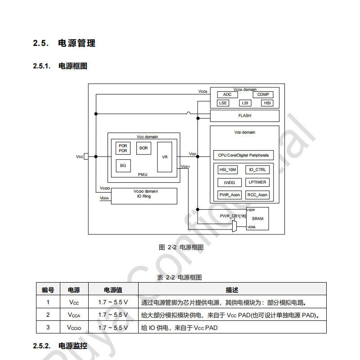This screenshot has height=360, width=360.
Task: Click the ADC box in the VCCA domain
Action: tap(227, 94)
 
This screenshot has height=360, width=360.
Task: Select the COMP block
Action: tap(263, 94)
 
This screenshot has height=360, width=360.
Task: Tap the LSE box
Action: tap(223, 103)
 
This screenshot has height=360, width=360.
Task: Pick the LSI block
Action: tap(245, 103)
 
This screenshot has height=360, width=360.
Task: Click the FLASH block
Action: tap(245, 116)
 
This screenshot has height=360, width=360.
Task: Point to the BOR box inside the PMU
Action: tap(144, 148)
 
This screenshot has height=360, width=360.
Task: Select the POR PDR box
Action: tap(123, 148)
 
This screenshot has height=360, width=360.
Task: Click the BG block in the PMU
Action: tap(123, 166)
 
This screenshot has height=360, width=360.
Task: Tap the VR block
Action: tap(165, 157)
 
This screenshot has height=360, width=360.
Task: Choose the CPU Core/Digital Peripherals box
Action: tap(243, 155)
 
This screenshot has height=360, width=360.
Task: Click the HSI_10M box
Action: tap(228, 170)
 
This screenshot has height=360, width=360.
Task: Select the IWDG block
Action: tap(229, 183)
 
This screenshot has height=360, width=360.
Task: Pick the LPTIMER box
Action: tap(257, 182)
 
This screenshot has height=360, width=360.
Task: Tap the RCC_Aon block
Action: tap(257, 195)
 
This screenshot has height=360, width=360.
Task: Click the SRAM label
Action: tap(257, 219)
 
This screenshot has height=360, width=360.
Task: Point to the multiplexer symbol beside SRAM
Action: tap(234, 226)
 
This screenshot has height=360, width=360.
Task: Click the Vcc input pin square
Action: tap(86, 156)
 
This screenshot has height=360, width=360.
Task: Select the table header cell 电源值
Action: tap(113, 290)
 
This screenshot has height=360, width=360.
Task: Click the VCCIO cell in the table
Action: tap(74, 328)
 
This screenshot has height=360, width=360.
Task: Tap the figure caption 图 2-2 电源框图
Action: tap(181, 247)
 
